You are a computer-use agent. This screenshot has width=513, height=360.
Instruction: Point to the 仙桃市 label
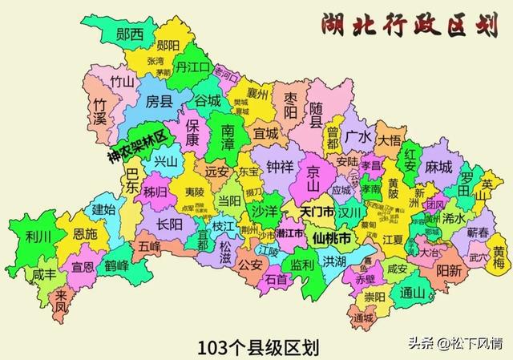332,239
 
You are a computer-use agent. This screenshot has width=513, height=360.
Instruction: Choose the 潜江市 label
290,233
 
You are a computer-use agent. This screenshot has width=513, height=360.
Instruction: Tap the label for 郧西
129,34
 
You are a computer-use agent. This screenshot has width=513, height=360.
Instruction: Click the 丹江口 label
192,67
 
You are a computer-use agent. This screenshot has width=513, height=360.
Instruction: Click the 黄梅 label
499,257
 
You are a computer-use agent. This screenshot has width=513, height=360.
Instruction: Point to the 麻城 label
438,167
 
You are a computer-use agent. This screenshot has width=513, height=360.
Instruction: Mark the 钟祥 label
280,167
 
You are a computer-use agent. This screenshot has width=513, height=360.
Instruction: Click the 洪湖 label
335,261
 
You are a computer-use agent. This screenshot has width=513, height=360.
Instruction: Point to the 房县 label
159,101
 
